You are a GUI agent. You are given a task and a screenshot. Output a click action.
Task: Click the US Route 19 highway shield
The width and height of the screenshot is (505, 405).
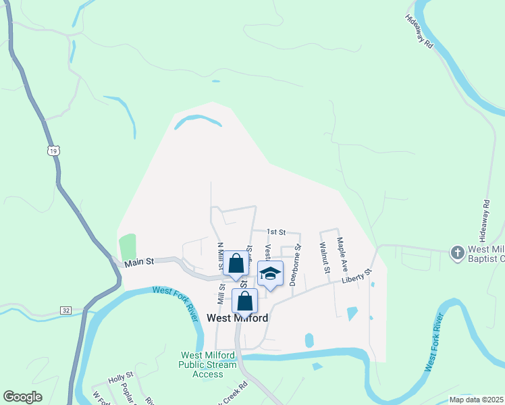pyautogui.click(x=53, y=151)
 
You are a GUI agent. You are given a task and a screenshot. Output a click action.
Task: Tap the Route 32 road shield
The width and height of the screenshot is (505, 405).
pyautogui.click(x=65, y=310)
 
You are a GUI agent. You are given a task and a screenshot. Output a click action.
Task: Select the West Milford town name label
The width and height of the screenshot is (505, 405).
pyautogui.click(x=237, y=318)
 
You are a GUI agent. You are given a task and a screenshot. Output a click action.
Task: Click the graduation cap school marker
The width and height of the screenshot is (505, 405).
pyautogui.click(x=270, y=274)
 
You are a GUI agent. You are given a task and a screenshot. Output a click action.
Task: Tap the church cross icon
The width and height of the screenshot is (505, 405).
pyautogui.click(x=457, y=252)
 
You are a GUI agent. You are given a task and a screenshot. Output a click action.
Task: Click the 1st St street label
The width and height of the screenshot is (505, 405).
pyautogui.click(x=275, y=232)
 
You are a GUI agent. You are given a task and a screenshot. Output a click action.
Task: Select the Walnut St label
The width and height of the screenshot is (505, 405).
pyautogui.click(x=324, y=258)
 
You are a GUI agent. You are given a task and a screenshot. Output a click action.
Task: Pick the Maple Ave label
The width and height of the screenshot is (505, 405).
pyautogui.click(x=342, y=254)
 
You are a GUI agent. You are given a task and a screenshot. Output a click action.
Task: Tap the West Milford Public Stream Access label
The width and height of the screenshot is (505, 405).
pyautogui.click(x=207, y=364)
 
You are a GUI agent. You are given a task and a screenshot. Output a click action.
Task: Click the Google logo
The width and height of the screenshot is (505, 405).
pyautogui.click(x=22, y=397)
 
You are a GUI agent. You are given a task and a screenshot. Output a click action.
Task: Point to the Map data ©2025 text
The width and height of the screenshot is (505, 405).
pyautogui.click(x=476, y=400)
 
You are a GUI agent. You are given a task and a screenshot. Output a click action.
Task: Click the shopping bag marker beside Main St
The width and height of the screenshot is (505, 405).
pyautogui.click(x=236, y=264)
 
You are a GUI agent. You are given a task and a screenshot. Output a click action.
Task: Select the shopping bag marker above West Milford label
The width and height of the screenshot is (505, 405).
pyautogui.click(x=245, y=300)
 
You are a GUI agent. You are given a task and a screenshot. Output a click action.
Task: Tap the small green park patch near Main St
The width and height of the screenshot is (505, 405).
pyautogui.click(x=128, y=246)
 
